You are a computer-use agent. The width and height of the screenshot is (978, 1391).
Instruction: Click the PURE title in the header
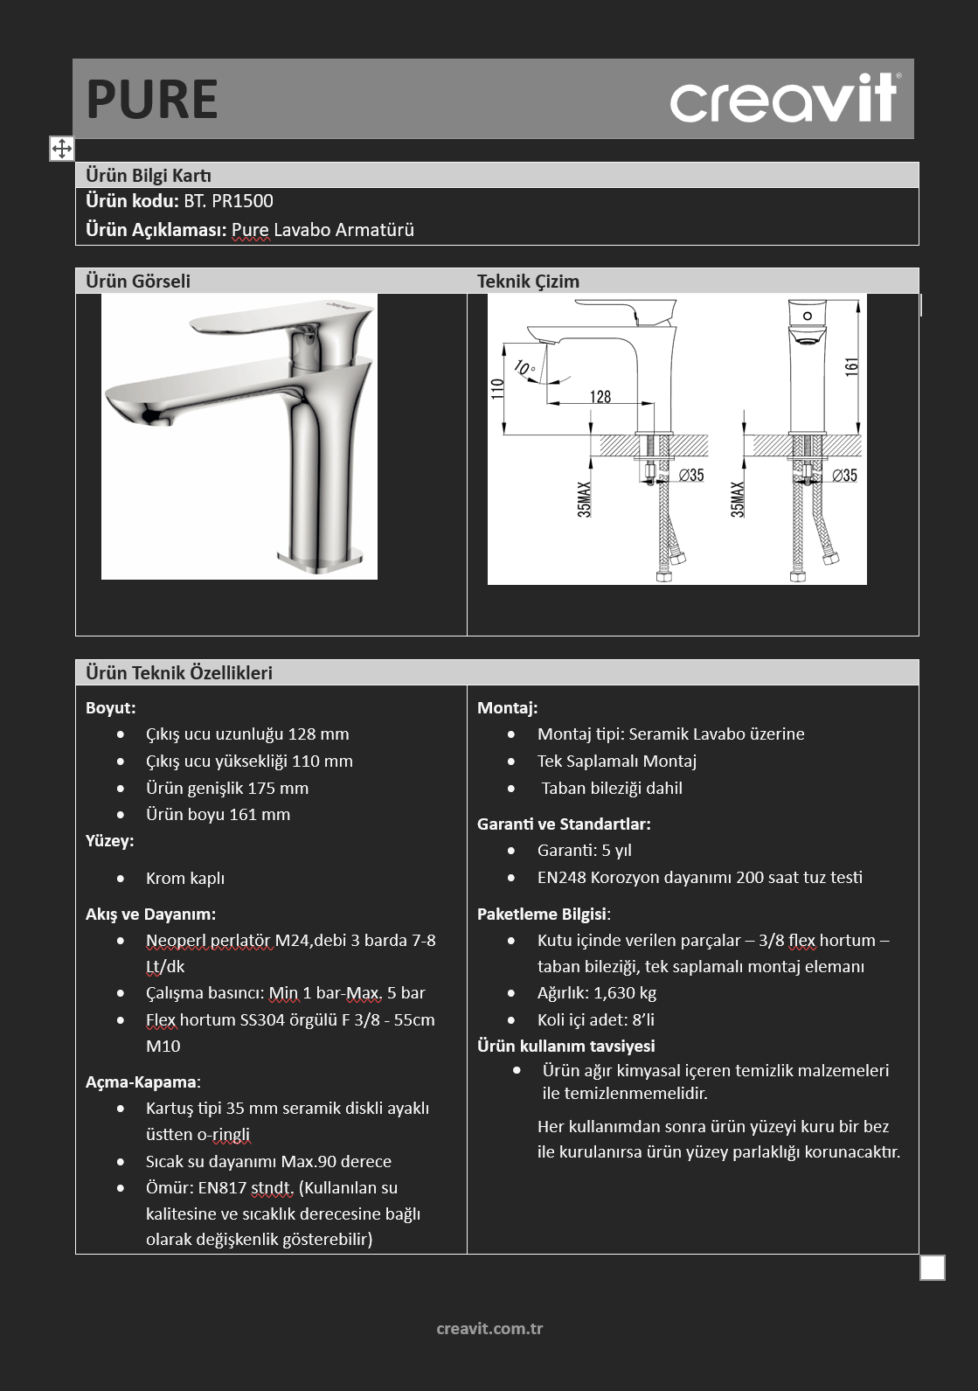click(x=152, y=100)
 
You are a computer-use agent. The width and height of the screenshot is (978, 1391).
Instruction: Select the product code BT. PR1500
click(x=228, y=201)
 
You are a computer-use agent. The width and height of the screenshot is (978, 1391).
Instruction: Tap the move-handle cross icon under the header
click(x=61, y=149)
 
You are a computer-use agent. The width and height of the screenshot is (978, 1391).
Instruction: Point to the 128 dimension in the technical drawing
click(x=600, y=396)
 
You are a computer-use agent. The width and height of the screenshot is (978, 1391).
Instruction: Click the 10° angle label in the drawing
click(x=524, y=368)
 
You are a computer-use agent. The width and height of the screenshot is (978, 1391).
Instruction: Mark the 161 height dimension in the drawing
click(x=851, y=366)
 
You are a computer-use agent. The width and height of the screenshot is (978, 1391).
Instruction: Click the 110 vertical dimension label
click(x=496, y=389)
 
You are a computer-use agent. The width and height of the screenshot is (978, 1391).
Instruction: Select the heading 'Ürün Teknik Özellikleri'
click(x=179, y=672)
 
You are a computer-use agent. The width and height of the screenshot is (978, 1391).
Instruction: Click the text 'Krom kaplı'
click(x=185, y=878)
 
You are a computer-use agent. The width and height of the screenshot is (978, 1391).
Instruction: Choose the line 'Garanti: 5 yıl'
click(x=585, y=850)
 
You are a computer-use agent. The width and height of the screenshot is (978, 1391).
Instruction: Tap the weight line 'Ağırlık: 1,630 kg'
click(x=597, y=993)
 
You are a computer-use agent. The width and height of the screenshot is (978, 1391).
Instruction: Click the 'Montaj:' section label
click(x=507, y=708)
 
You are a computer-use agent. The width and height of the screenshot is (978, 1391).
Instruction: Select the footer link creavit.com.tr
click(x=489, y=1328)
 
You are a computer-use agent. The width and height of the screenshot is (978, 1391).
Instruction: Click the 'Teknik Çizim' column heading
click(x=528, y=282)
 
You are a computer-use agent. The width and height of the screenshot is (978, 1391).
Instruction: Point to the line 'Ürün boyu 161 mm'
click(x=218, y=814)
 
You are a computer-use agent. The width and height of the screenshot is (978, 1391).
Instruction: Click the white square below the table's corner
click(x=932, y=1268)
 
